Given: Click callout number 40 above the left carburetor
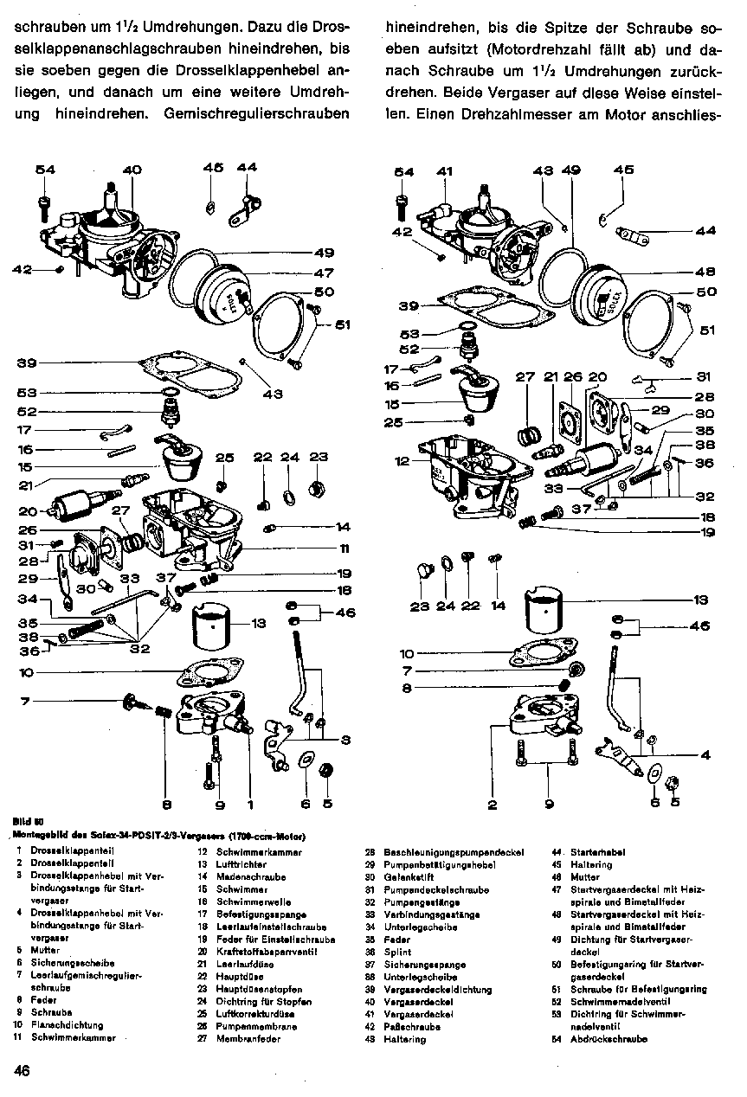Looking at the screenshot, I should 132,170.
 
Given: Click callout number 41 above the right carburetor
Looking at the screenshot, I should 444,172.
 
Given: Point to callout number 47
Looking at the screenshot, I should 323,273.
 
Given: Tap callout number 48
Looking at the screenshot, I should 705,270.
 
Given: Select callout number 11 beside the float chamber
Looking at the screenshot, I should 344,548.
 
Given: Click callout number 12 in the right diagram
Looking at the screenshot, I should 402,462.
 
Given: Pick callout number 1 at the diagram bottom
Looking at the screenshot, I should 250,804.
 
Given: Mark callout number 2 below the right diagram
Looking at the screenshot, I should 492,805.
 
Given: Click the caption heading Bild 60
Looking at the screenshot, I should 29,822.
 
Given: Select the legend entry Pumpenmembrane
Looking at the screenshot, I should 248,1026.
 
